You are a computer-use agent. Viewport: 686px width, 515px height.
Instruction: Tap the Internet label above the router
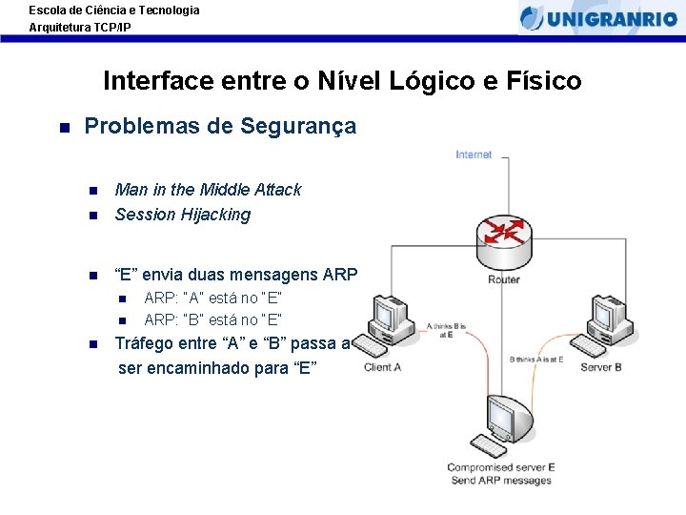(474, 154)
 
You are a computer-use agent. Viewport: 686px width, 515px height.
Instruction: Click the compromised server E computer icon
(502, 423)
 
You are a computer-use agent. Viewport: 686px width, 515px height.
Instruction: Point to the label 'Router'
(503, 279)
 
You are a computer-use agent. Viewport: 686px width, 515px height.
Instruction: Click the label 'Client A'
(382, 367)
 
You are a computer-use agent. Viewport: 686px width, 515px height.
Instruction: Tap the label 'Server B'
(600, 367)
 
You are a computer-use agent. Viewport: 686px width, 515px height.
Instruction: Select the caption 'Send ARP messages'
(501, 480)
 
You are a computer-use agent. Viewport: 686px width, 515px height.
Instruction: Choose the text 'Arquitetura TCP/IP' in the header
(80, 28)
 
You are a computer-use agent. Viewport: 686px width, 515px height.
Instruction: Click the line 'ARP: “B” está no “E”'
(212, 319)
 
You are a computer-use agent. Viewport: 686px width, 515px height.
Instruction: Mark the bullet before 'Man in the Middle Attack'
(92, 190)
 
